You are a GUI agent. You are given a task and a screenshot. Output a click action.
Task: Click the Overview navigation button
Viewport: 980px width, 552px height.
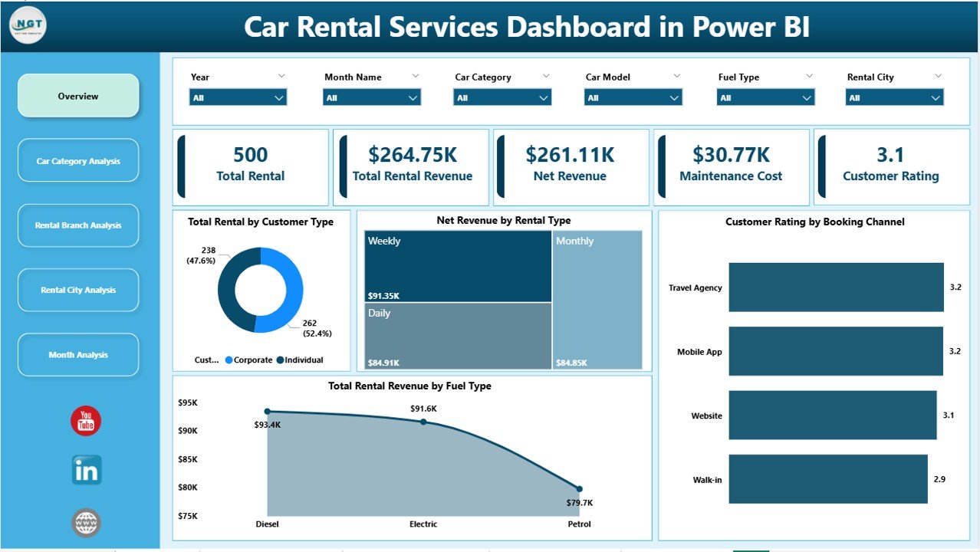[x=78, y=96]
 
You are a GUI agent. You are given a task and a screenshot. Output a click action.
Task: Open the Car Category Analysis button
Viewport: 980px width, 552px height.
[x=78, y=161]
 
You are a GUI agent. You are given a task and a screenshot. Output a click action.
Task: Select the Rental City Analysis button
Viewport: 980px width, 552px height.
[x=78, y=290]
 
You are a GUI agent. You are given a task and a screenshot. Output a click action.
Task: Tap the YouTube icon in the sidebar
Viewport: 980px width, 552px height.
[x=86, y=421]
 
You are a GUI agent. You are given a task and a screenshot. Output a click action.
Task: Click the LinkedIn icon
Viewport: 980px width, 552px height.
[x=86, y=470]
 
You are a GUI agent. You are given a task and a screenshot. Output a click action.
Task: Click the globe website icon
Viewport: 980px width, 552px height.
[x=86, y=523]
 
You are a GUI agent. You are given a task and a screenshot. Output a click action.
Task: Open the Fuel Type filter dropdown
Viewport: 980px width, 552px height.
[x=765, y=97]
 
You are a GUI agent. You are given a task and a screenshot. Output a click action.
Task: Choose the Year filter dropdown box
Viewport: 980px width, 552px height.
[x=238, y=97]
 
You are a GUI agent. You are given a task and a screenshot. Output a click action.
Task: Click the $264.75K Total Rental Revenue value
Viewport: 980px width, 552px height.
[x=412, y=155]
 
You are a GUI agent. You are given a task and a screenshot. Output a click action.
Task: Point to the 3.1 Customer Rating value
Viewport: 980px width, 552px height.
[x=890, y=155]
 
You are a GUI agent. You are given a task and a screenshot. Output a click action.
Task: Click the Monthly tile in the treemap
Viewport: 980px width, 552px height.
[x=597, y=299]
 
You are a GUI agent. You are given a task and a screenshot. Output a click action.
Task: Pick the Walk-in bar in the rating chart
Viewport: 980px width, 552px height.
[x=828, y=479]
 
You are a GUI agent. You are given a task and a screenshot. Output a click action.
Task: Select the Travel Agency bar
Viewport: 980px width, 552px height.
[x=836, y=287]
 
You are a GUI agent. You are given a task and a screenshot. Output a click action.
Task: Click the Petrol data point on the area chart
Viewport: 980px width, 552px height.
[x=579, y=488]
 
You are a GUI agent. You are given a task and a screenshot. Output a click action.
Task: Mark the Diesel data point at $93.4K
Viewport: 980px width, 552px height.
[x=268, y=412]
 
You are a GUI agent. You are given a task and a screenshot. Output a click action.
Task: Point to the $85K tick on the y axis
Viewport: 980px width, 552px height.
[x=187, y=459]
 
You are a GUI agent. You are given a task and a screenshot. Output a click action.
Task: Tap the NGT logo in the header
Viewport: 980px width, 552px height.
[x=28, y=25]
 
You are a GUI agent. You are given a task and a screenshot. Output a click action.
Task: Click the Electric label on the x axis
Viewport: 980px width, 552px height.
[x=423, y=524]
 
